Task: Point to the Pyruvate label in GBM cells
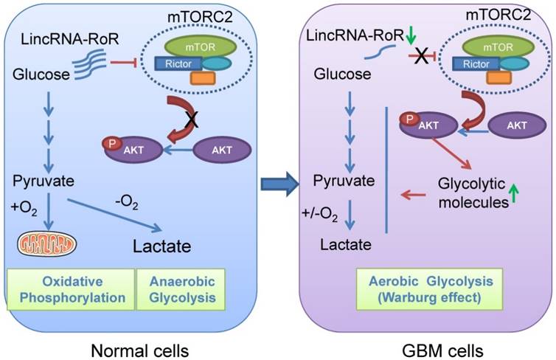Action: [x=341, y=180]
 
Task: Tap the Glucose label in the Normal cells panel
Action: [x=38, y=74]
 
